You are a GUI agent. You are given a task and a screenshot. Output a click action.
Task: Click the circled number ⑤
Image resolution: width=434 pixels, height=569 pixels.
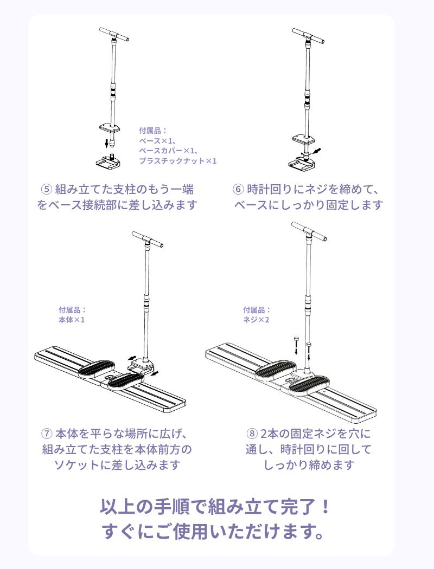click(x=46, y=190)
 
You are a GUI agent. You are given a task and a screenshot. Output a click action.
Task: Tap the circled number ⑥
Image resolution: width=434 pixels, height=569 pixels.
click(x=238, y=190)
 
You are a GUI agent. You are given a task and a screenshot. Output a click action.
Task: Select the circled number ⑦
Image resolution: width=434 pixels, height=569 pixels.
click(x=47, y=434)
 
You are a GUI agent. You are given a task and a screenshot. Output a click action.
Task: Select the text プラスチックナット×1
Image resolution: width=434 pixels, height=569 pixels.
click(x=178, y=161)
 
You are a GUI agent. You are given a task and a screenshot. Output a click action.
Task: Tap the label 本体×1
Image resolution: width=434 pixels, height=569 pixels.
click(x=72, y=320)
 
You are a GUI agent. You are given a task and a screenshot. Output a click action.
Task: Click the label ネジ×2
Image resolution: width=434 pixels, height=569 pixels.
click(x=256, y=320)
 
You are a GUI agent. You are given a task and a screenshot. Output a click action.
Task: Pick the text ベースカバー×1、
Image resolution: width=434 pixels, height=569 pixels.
click(x=169, y=151)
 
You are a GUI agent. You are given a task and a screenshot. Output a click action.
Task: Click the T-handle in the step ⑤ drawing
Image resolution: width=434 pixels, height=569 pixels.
click(x=114, y=34)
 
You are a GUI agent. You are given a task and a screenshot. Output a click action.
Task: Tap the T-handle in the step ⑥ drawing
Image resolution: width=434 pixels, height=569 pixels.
click(x=308, y=36)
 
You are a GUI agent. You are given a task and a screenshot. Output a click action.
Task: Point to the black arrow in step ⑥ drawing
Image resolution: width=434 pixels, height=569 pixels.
click(x=317, y=151)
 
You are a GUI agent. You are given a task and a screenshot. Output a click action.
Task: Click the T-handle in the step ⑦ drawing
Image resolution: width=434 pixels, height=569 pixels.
click(x=148, y=239)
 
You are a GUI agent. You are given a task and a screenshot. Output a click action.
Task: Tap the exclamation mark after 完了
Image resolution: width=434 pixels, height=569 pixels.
click(x=326, y=507)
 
